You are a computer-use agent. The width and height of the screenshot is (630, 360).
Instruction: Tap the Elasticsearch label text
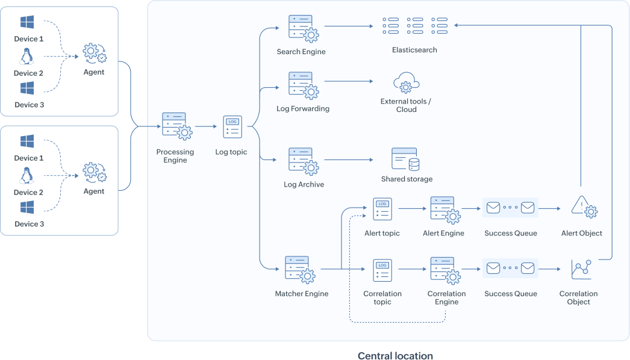point(414,50)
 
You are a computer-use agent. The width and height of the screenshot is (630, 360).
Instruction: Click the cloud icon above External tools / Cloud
point(406,82)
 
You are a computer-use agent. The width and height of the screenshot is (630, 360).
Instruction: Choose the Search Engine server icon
point(302,28)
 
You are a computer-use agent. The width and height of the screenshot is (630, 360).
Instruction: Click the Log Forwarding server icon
point(302,85)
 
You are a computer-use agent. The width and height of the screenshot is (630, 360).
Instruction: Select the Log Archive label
point(304,184)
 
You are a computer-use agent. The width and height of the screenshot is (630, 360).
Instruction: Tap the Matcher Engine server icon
point(300,270)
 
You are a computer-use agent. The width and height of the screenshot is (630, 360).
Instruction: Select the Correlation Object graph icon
point(581,269)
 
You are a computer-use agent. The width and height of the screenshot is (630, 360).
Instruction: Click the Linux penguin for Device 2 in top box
point(26,57)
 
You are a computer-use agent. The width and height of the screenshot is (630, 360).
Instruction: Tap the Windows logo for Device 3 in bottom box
point(27,208)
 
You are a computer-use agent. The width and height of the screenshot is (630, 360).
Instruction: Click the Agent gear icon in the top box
point(94,54)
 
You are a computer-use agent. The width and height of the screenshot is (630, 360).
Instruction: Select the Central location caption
point(395,355)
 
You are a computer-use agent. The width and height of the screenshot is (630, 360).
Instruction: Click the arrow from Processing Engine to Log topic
point(205,127)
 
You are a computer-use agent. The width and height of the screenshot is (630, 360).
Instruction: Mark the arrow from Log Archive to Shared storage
point(348,160)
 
